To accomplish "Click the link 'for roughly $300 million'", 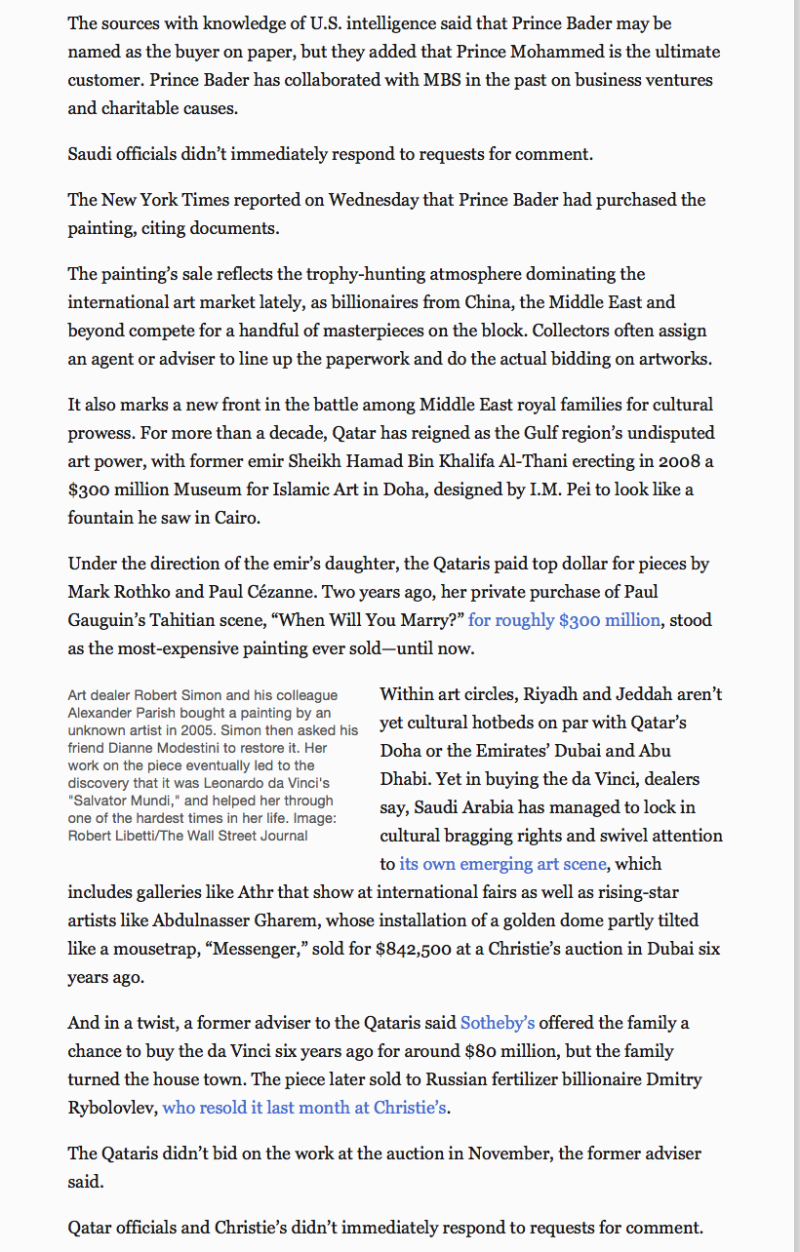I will pyautogui.click(x=564, y=620).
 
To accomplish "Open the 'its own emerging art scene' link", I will pyautogui.click(x=502, y=864).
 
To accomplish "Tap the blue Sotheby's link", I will pyautogui.click(x=498, y=1023).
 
